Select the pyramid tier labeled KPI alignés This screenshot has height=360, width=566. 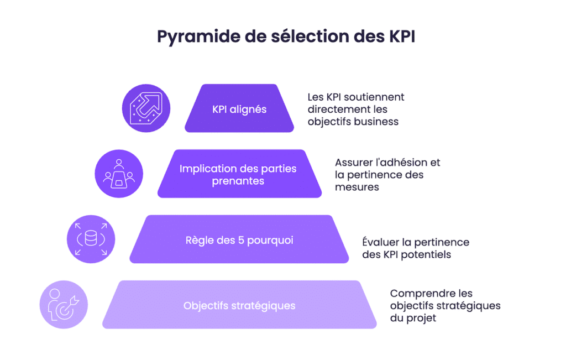(239, 109)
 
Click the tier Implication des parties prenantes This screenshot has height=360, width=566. (239, 174)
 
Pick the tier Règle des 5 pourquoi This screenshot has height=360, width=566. (239, 241)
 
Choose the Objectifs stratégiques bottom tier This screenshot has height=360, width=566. (239, 305)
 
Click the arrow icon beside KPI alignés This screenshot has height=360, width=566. (146, 108)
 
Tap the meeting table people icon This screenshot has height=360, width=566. (119, 174)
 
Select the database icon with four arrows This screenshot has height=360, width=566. (91, 239)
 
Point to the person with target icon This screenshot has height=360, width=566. (64, 305)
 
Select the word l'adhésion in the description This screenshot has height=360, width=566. (400, 163)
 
